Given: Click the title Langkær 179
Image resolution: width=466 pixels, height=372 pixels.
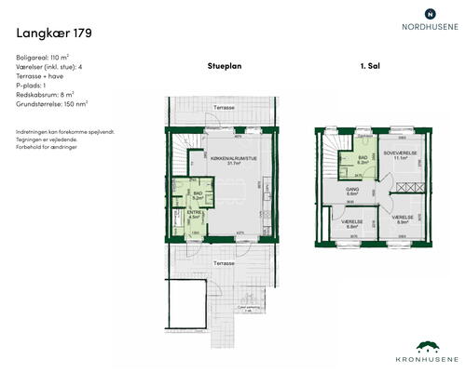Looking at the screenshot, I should pos(54,33).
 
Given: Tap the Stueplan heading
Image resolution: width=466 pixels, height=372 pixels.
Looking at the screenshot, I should pos(225,67).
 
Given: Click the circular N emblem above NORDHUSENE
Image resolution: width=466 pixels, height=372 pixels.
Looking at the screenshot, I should pos(429,13).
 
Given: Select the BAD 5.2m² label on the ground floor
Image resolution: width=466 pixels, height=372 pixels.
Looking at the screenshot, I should pos(198,195).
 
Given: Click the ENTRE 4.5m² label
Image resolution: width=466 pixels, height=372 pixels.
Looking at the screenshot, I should pos(195,216).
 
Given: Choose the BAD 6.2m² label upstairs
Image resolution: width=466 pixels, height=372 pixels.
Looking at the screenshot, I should pos(364,160).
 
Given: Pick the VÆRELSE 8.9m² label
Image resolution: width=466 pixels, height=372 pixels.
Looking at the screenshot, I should pos(402,220).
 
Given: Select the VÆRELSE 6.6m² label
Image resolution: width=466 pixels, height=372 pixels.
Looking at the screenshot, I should pos(351,224).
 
